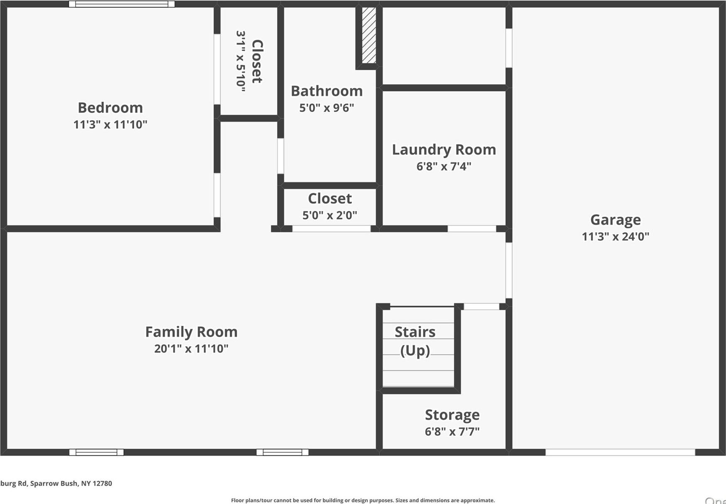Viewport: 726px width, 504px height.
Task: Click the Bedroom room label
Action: (x=110, y=108)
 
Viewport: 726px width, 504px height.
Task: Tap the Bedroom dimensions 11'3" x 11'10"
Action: (x=110, y=125)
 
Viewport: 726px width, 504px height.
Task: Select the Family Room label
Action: (x=191, y=332)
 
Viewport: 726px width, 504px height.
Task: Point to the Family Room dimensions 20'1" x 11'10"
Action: (x=191, y=349)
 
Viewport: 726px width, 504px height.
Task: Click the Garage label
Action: (x=615, y=220)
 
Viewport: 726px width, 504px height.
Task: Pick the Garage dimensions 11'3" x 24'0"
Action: (x=615, y=237)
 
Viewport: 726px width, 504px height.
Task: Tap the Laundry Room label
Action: (x=444, y=150)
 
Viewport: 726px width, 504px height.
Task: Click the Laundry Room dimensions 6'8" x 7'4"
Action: (x=444, y=166)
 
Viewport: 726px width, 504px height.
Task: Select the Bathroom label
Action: (x=326, y=91)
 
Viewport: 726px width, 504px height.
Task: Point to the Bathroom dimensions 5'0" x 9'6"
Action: (x=326, y=108)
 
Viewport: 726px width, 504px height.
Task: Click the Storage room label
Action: (x=452, y=415)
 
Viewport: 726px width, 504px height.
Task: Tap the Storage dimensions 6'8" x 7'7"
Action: (x=452, y=432)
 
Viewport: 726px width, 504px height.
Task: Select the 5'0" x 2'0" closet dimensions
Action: (x=329, y=215)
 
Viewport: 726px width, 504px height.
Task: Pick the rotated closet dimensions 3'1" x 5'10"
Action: (x=241, y=61)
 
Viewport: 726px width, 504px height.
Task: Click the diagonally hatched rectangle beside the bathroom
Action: (x=369, y=35)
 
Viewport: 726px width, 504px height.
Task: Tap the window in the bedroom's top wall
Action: (x=121, y=4)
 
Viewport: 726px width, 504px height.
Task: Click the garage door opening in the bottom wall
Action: (x=620, y=452)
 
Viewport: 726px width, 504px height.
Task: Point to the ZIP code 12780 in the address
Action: (x=102, y=483)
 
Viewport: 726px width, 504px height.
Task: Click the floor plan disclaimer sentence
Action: (x=363, y=500)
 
